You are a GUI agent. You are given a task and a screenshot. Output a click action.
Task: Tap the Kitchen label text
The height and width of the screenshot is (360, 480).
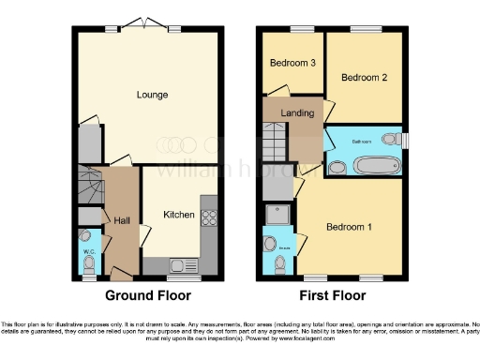[x=179, y=215]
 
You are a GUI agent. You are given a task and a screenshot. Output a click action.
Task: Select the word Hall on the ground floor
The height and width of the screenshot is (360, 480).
[x=122, y=220]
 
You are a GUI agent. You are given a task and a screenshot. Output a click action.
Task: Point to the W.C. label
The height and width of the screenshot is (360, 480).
[x=87, y=250]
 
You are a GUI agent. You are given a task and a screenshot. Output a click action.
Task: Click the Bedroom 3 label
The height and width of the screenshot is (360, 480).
[x=292, y=63]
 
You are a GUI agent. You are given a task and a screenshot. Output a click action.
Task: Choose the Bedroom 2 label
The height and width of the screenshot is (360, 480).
[x=363, y=78]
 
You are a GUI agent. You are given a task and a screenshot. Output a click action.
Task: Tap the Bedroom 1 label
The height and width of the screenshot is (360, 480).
[x=349, y=227]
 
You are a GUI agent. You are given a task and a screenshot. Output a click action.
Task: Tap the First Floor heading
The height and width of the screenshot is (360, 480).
[x=332, y=293]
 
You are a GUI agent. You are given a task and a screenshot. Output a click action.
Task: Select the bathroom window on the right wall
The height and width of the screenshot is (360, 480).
[x=405, y=141]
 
